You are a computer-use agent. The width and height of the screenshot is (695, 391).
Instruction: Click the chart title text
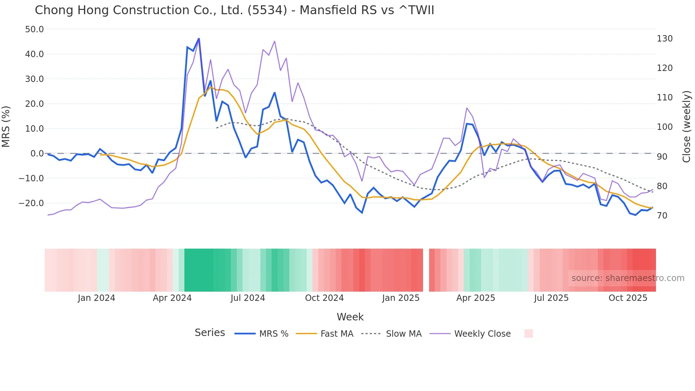[234, 10]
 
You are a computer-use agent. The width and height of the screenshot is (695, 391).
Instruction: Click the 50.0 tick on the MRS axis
[34, 29]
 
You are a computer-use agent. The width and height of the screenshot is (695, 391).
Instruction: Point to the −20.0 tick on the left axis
[32, 203]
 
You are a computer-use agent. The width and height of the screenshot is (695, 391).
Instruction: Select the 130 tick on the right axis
[665, 38]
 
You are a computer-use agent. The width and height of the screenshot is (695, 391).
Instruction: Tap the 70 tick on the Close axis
[662, 215]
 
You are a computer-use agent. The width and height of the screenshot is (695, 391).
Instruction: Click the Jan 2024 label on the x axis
[96, 298]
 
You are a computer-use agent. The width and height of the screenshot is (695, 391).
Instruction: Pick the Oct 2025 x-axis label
[628, 298]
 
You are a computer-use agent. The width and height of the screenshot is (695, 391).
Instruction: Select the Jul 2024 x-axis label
[248, 298]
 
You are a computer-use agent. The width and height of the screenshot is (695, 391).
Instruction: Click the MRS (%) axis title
[6, 126]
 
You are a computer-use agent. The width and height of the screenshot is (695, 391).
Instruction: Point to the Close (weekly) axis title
[686, 126]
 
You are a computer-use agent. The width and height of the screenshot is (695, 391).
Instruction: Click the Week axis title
[350, 317]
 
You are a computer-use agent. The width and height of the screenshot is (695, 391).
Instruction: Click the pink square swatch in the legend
[528, 334]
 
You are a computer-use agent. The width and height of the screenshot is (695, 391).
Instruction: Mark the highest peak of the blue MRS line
[199, 39]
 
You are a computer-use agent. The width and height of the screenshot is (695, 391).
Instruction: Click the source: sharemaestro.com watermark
[628, 278]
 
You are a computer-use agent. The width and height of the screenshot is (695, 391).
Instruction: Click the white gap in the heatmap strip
[426, 270]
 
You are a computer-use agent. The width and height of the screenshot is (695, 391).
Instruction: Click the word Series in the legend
[210, 333]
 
